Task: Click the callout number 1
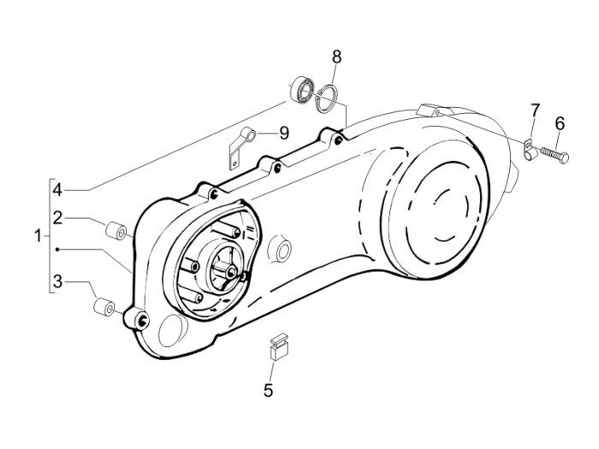[37, 235]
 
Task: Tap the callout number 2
[56, 217]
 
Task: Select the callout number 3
[56, 281]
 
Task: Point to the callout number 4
[56, 188]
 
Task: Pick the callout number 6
[560, 123]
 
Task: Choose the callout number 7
[535, 110]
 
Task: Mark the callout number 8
[336, 57]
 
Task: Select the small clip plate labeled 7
[530, 149]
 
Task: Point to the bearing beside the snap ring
[300, 88]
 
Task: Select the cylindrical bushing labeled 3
[103, 304]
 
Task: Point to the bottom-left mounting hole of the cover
[140, 321]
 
